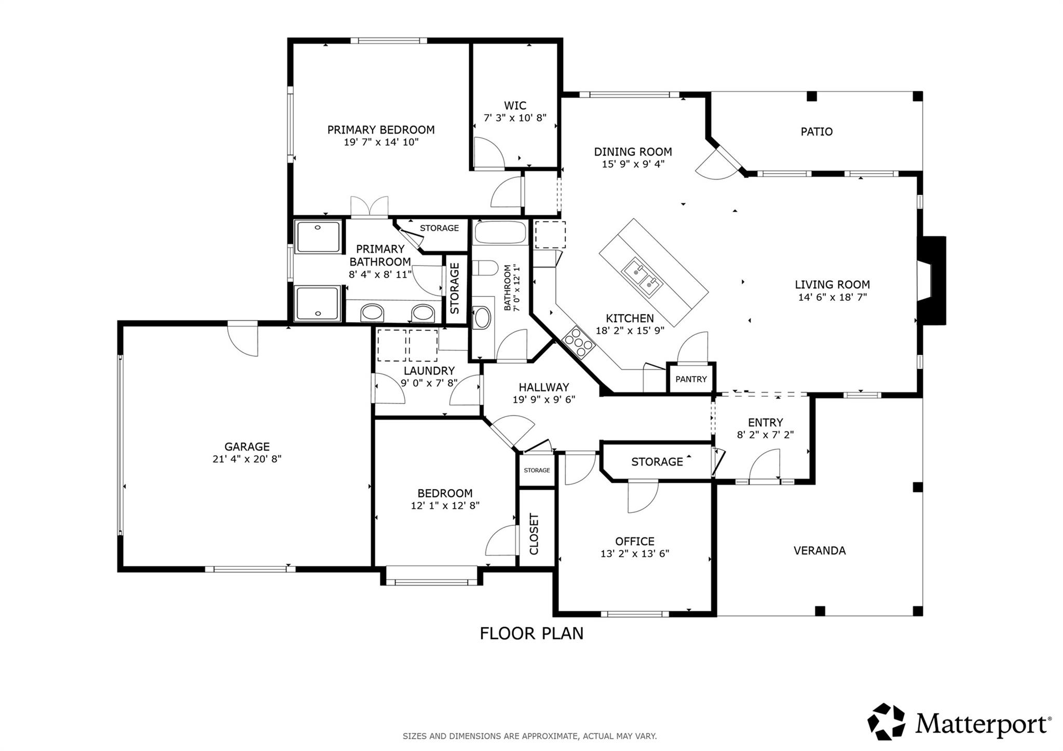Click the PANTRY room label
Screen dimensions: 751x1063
691,379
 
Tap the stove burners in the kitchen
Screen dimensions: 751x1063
578,342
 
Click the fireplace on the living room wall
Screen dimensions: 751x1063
932,281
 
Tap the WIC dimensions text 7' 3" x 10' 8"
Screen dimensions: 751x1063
515,118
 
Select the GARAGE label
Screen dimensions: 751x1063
247,447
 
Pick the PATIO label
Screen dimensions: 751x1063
816,132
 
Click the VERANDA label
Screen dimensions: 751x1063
820,550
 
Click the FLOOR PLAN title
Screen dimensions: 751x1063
531,633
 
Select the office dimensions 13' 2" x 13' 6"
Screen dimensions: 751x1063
635,553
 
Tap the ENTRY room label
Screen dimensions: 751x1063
765,422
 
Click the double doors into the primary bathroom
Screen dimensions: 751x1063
370,207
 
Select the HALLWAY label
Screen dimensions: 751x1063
544,387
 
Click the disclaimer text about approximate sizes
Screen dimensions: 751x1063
529,736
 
